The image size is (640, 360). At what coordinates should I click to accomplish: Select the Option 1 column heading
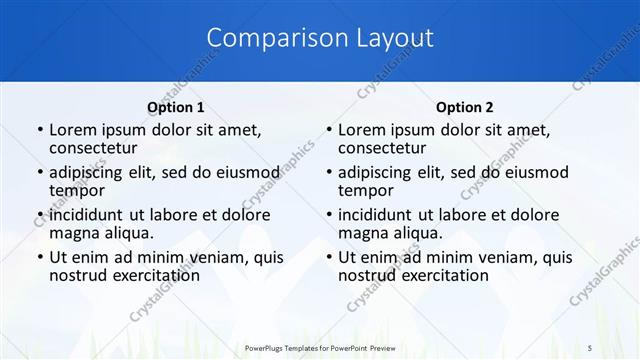pyautogui.click(x=176, y=107)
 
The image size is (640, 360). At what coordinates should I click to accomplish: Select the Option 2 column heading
pyautogui.click(x=465, y=107)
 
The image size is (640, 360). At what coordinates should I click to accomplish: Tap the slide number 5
pyautogui.click(x=590, y=347)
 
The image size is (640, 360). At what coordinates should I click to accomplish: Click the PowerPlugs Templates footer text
pyautogui.click(x=320, y=347)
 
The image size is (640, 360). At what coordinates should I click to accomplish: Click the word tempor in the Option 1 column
pyautogui.click(x=76, y=191)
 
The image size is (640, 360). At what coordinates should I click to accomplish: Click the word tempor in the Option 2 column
pyautogui.click(x=365, y=191)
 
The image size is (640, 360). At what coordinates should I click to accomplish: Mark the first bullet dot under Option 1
pyautogui.click(x=39, y=131)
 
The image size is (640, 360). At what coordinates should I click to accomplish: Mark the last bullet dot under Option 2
pyautogui.click(x=329, y=258)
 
